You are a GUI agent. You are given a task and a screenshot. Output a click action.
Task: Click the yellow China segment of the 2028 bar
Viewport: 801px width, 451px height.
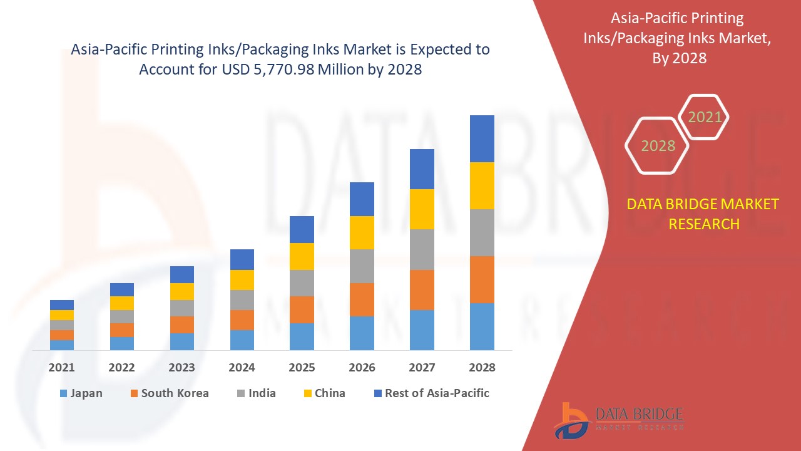(482, 185)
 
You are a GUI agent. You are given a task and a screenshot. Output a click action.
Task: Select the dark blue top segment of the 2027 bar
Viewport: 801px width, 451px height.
(422, 169)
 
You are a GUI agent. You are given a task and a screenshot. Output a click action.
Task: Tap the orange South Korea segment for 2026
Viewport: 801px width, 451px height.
(362, 299)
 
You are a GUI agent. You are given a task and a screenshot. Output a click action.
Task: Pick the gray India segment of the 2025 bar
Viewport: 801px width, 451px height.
(302, 283)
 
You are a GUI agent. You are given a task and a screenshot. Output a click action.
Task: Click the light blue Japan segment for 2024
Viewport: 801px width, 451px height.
(242, 340)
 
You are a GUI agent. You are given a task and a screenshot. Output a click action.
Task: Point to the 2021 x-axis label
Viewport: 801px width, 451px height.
(61, 368)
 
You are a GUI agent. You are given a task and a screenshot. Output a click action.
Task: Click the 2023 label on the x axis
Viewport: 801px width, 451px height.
(181, 368)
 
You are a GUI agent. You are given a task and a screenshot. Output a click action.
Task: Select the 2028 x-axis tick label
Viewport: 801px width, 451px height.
(482, 368)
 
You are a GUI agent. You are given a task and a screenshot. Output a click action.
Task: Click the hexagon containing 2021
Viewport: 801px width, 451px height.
(705, 117)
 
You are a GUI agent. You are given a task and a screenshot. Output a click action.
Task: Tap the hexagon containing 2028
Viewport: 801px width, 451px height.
(658, 146)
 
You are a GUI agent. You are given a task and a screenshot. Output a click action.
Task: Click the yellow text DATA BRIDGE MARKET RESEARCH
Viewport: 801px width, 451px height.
(703, 214)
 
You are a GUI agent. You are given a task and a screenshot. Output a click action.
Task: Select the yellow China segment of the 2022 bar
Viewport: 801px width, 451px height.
(122, 303)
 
